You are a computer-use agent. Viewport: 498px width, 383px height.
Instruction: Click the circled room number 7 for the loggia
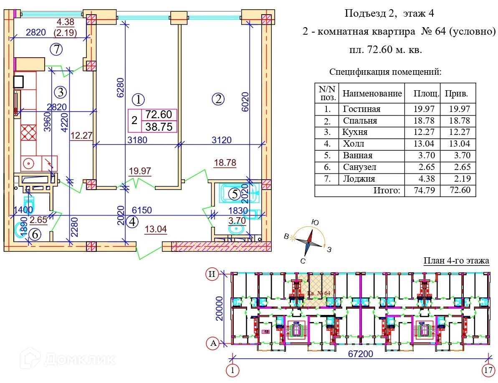pos(57,49)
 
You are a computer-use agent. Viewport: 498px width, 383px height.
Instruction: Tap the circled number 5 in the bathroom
pos(235,194)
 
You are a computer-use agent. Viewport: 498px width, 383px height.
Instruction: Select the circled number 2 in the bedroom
pos(218,99)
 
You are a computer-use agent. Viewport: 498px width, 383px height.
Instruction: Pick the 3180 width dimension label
pos(137,140)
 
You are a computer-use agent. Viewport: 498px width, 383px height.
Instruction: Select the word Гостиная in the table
pos(361,109)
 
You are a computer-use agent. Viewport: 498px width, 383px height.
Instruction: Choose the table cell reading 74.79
pos(424,191)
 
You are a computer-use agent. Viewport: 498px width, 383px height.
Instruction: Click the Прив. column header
pos(454,94)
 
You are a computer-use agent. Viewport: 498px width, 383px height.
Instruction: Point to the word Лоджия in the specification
pos(359,179)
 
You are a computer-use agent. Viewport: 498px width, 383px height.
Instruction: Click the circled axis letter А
pos(213,343)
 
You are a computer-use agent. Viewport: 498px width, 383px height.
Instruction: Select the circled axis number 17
pos(488,370)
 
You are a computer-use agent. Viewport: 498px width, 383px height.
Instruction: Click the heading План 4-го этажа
pos(456,261)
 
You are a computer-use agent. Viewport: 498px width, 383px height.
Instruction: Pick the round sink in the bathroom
pos(237,229)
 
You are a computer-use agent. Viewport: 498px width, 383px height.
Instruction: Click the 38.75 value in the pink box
pos(159,127)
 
